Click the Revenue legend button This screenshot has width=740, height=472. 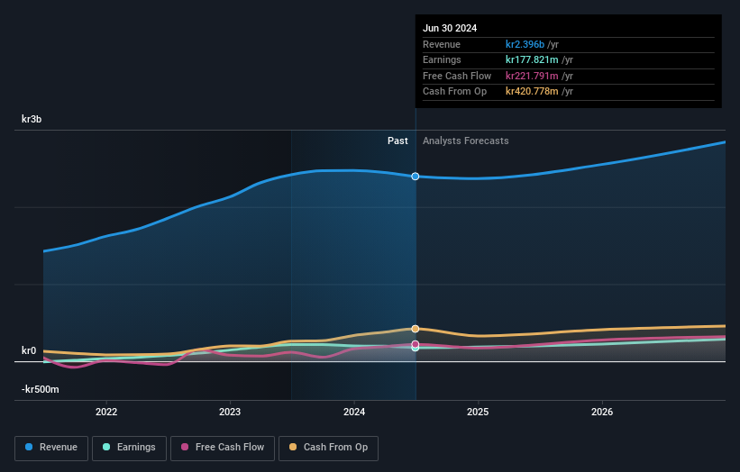click(x=52, y=448)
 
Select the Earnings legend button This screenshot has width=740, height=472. click(x=130, y=448)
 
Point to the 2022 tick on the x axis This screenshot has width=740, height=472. click(x=106, y=413)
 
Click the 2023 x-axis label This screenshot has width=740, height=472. click(x=230, y=413)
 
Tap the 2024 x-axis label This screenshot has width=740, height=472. click(x=354, y=413)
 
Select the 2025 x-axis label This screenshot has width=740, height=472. click(x=478, y=413)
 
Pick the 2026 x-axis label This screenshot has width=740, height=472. click(x=602, y=413)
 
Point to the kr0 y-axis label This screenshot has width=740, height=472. click(x=29, y=350)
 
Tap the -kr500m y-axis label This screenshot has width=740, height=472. click(x=41, y=389)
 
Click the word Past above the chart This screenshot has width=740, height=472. click(x=397, y=141)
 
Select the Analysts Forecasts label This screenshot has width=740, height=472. click(x=465, y=141)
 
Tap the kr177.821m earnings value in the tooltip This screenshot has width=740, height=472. click(x=538, y=60)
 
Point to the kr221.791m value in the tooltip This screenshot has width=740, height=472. click(x=538, y=76)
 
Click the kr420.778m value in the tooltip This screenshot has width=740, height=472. click(x=538, y=91)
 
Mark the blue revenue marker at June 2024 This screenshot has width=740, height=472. click(x=416, y=177)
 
